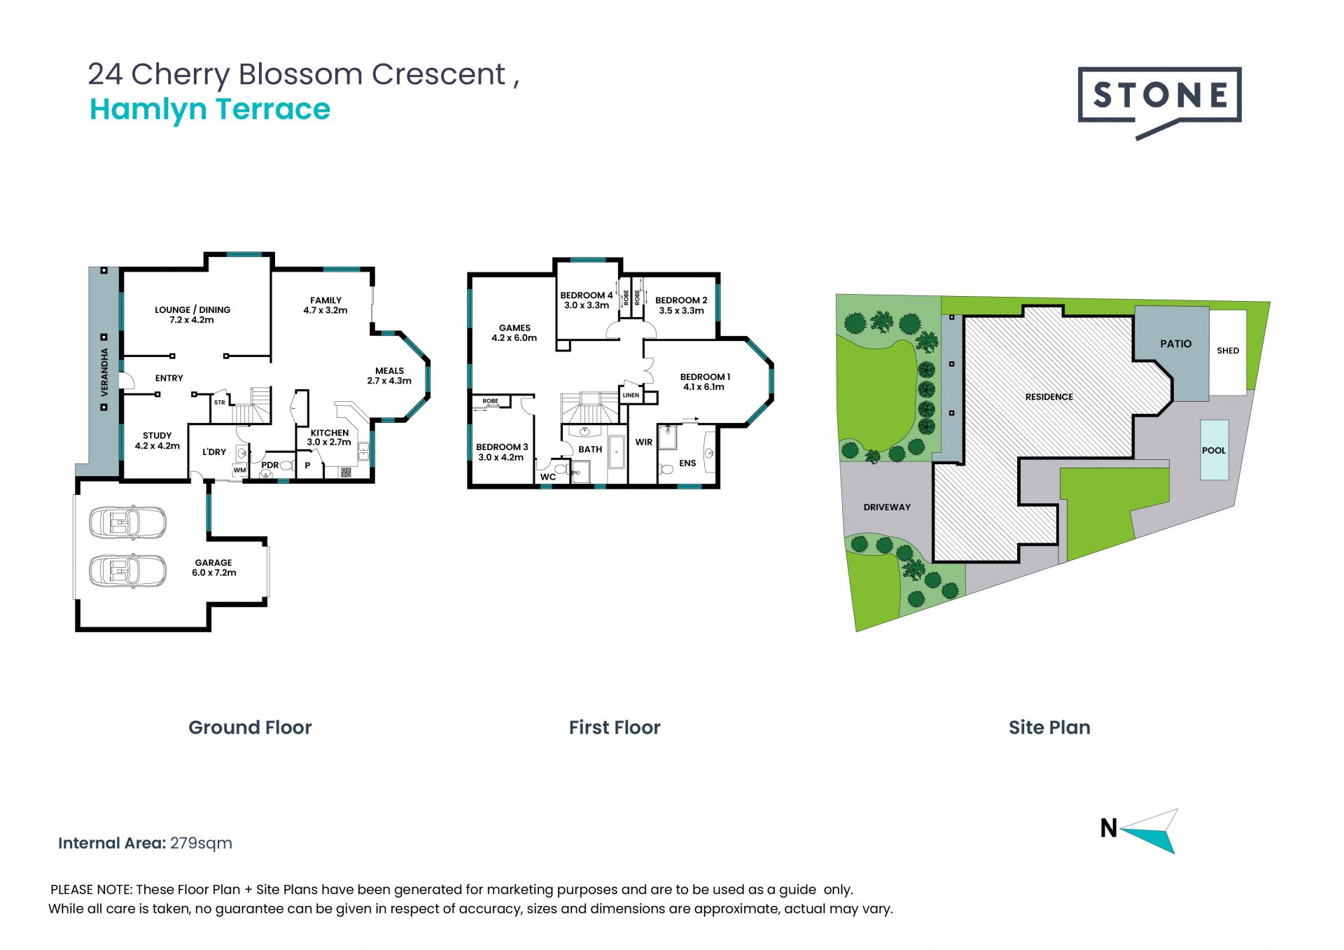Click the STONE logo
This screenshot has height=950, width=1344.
pyautogui.click(x=1159, y=102)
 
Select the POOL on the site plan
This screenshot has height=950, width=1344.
pyautogui.click(x=1214, y=450)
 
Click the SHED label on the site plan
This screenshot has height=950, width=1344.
pyautogui.click(x=1228, y=351)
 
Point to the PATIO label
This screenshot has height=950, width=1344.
pyautogui.click(x=1176, y=344)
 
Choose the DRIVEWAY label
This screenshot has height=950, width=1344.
pyautogui.click(x=887, y=507)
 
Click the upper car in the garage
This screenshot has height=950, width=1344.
pyautogui.click(x=127, y=522)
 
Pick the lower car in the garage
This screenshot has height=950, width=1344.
pyautogui.click(x=127, y=571)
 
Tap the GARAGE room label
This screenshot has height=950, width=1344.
pyautogui.click(x=213, y=562)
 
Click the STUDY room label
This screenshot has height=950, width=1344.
pyautogui.click(x=157, y=435)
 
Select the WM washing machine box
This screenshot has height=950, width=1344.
pyautogui.click(x=240, y=470)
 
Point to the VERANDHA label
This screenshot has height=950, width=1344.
pyautogui.click(x=104, y=372)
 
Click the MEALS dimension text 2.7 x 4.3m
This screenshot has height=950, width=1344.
pyautogui.click(x=389, y=381)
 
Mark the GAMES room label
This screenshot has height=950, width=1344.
pyautogui.click(x=514, y=328)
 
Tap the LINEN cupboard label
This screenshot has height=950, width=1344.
pyautogui.click(x=631, y=395)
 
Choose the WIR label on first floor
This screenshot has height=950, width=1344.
pyautogui.click(x=644, y=442)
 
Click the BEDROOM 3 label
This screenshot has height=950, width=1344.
pyautogui.click(x=502, y=447)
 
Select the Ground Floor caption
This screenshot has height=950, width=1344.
pyautogui.click(x=250, y=727)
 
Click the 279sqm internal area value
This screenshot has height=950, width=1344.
pyautogui.click(x=201, y=844)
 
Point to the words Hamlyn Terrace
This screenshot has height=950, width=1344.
pyautogui.click(x=210, y=109)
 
